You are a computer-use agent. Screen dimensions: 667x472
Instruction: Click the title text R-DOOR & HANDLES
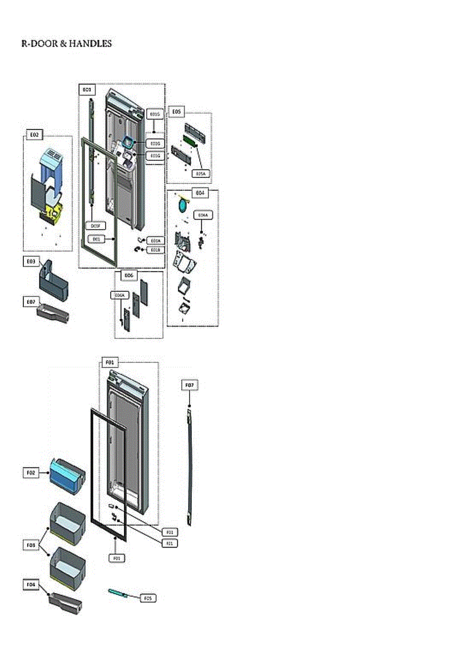pos(66,44)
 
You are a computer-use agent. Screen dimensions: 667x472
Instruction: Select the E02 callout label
pos(33,135)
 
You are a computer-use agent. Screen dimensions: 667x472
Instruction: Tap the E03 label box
pos(31,261)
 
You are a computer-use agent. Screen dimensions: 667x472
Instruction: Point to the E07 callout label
pos(31,302)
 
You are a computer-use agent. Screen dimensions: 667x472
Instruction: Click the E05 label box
pos(176,112)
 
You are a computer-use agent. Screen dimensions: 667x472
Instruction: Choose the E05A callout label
pos(201,173)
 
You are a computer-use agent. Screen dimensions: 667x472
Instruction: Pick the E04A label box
pos(202,215)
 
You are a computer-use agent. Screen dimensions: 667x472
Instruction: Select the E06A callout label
pos(119,296)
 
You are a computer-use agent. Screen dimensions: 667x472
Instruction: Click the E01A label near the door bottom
pos(155,241)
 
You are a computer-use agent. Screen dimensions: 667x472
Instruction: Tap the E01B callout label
pos(155,250)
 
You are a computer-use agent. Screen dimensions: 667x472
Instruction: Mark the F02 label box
pos(31,472)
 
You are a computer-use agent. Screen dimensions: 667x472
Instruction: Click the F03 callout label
pos(31,545)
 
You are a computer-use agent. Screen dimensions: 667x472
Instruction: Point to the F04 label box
pos(31,584)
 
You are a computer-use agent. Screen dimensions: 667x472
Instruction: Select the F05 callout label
pos(147,598)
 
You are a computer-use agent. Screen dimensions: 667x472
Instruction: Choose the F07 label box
pos(190,385)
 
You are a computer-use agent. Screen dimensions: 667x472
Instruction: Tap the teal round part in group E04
pos(182,206)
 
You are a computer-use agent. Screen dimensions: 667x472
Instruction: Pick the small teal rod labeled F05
pos(119,593)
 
